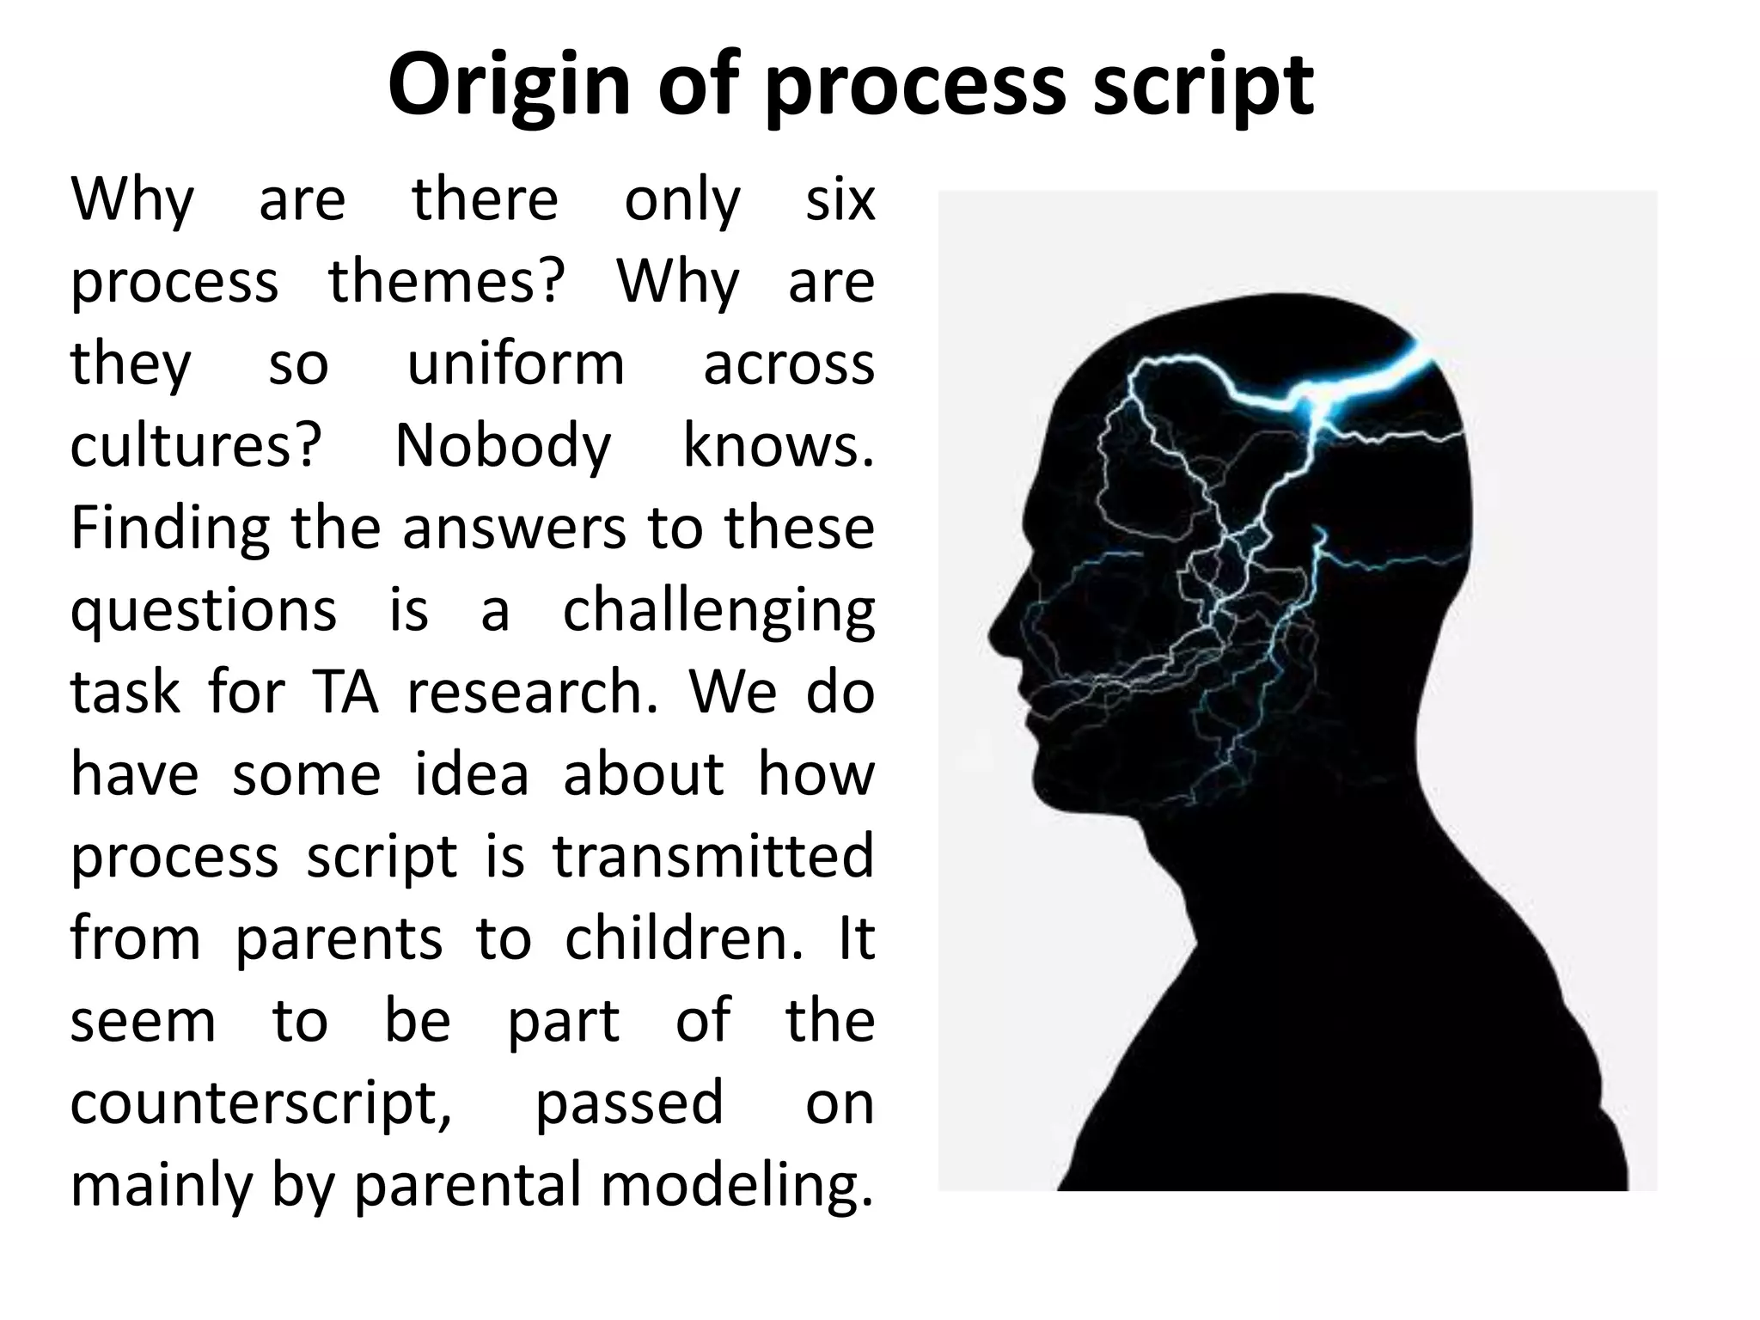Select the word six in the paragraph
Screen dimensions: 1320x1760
(x=840, y=199)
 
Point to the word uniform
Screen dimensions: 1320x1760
(x=516, y=364)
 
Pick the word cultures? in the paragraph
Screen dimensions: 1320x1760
(x=195, y=446)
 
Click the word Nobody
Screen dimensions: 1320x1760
(x=503, y=446)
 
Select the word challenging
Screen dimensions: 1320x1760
(x=718, y=612)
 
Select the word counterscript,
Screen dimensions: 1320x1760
(x=260, y=1103)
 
